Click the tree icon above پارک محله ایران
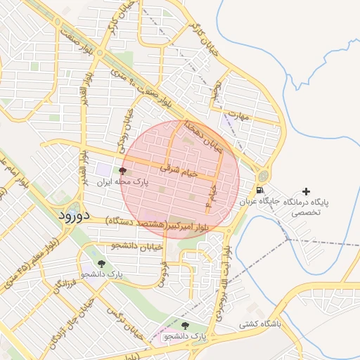pos(123,171)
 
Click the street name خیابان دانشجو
pos(137,246)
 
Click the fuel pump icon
pos(261,190)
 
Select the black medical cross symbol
pos(306,191)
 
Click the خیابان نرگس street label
pos(124,324)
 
